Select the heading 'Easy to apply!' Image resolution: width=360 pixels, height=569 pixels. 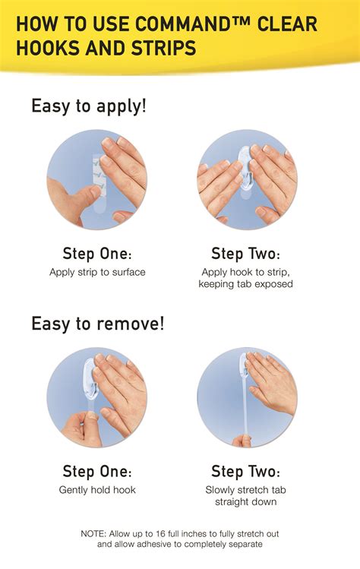point(89,106)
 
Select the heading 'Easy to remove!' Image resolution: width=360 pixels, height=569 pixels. point(97,324)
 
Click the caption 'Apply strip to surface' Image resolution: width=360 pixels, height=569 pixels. point(97,271)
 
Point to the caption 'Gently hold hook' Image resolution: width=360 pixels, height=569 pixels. point(97,490)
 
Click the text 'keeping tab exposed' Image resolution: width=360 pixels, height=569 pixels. point(245,284)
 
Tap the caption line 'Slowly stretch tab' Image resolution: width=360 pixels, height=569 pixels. point(245,490)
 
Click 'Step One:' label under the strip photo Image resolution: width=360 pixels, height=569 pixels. point(97,253)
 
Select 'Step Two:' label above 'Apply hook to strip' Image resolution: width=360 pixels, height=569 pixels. point(245,253)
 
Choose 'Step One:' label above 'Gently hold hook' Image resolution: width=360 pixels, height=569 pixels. point(97,471)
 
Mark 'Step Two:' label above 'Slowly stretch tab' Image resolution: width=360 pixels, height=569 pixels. point(245,471)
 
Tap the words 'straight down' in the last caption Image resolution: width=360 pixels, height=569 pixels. point(245,502)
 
